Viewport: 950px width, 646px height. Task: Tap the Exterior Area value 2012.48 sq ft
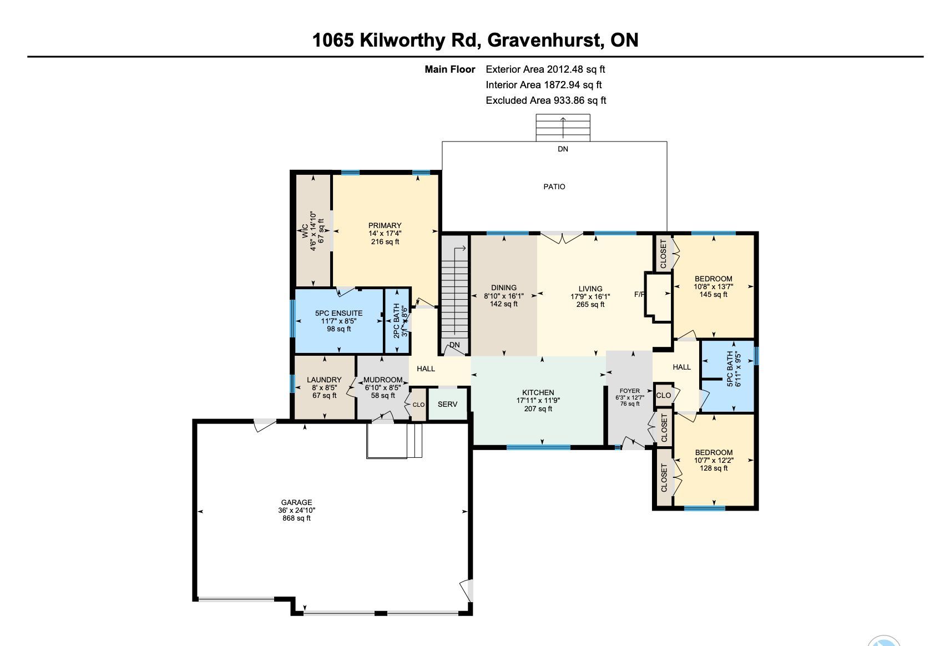point(576,69)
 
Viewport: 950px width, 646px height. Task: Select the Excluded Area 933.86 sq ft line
point(546,100)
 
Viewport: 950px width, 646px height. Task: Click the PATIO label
point(554,186)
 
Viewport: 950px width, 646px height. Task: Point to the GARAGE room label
point(296,502)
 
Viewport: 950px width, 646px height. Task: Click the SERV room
point(447,404)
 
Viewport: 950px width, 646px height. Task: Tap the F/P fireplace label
point(640,294)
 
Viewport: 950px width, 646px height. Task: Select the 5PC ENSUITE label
point(339,313)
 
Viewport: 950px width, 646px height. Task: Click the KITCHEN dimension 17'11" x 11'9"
point(538,400)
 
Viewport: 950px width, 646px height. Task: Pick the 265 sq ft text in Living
point(590,304)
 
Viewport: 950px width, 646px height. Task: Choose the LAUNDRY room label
point(325,380)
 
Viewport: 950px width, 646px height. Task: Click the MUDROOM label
point(383,380)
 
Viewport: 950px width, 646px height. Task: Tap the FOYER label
point(630,391)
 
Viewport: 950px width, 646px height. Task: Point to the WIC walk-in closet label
point(305,231)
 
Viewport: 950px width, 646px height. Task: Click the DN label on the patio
point(563,149)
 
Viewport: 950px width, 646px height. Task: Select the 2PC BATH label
point(397,321)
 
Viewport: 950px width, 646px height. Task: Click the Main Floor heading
point(450,69)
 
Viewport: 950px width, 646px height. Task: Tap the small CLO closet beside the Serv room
point(418,405)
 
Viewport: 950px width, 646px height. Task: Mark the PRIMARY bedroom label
point(385,225)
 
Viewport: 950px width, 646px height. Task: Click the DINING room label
point(504,287)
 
